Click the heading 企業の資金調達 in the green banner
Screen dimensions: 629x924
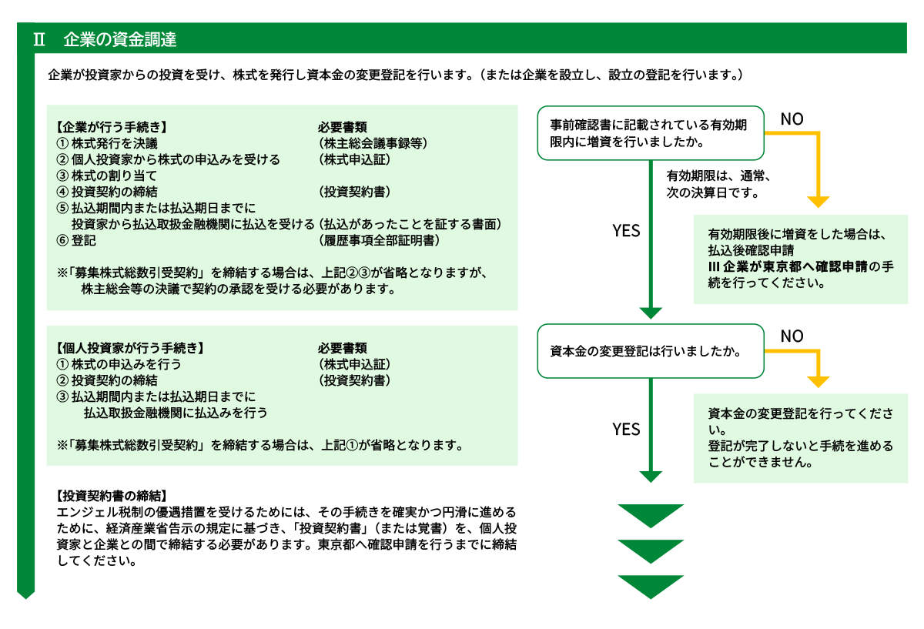(x=120, y=40)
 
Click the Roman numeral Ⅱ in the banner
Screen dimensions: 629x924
(x=39, y=40)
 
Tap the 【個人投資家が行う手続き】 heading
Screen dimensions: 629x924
(x=130, y=348)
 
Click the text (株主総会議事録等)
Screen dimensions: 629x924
(x=372, y=143)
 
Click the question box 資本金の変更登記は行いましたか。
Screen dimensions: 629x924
(x=651, y=351)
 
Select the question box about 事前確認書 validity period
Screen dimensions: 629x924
(x=651, y=132)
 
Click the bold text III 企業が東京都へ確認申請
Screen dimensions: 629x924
(x=783, y=266)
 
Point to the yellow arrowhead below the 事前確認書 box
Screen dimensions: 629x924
(x=819, y=202)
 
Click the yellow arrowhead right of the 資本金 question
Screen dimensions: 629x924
(x=819, y=382)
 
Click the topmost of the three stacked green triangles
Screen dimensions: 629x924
(x=651, y=515)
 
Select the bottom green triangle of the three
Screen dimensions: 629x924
(x=651, y=586)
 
